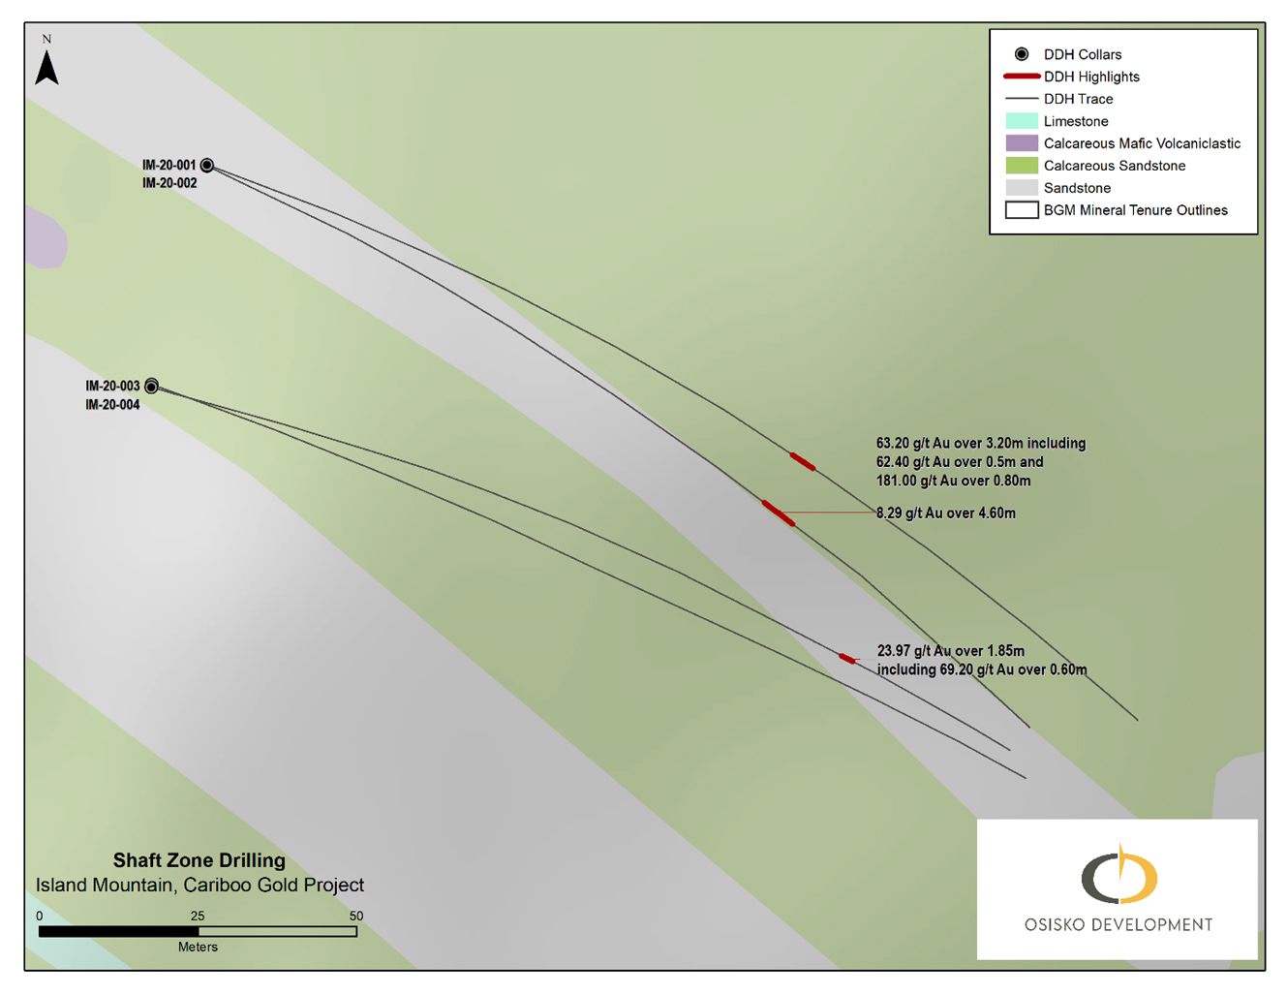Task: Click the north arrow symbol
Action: (46, 68)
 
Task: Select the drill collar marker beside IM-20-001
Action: (206, 166)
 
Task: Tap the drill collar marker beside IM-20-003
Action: (152, 387)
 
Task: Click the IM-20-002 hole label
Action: (169, 183)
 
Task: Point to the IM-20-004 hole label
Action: (112, 405)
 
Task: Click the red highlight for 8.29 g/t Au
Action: (779, 513)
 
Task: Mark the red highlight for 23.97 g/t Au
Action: (847, 659)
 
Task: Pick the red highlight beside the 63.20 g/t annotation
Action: (803, 462)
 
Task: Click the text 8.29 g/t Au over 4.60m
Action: (946, 513)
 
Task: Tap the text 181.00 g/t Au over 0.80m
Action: (954, 481)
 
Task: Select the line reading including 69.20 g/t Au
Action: (982, 669)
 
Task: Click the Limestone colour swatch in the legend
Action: (1022, 121)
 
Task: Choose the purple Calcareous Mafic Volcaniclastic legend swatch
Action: (1022, 143)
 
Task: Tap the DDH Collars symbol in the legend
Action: (1022, 54)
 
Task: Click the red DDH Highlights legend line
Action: (1022, 77)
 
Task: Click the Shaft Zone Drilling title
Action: (199, 860)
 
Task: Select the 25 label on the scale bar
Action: (198, 916)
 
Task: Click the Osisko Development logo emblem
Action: (1118, 874)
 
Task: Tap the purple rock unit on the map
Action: (45, 237)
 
